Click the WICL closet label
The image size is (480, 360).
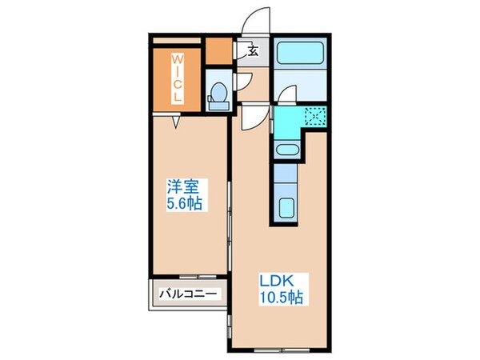177,77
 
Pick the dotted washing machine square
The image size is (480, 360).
314,118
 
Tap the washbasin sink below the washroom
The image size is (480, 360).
285,149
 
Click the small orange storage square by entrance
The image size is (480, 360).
217,51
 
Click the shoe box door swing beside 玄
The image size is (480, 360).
242,50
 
